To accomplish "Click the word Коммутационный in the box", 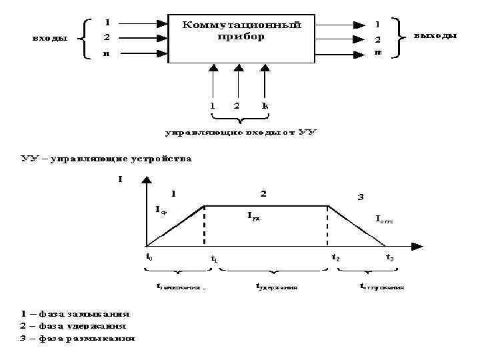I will (241, 24).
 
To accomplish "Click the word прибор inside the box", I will (241, 36).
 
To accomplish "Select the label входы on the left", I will (51, 37).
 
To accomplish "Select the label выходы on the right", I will (435, 35).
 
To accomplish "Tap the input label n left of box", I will (107, 54).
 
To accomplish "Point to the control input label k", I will (265, 105).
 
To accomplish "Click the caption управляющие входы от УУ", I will (241, 133).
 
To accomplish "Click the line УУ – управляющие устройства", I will (106, 159).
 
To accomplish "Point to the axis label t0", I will (149, 255).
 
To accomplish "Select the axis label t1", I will (214, 259).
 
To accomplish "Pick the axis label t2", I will (335, 257).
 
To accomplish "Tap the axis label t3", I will (389, 257).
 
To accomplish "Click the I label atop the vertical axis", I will (120, 178).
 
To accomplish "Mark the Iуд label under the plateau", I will (254, 217).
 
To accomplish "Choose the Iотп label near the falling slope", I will (384, 218).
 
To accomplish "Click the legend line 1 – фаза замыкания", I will (75, 313).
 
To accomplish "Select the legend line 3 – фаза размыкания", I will (77, 338).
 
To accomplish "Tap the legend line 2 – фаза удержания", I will (73, 326).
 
